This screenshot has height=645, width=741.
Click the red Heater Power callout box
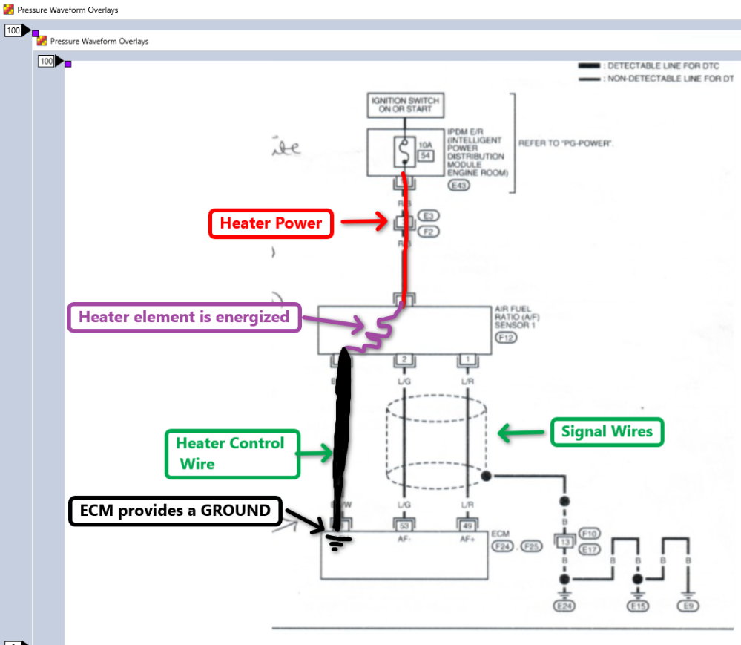point(271,223)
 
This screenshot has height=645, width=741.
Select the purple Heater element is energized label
point(184,318)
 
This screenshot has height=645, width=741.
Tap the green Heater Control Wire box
point(231,454)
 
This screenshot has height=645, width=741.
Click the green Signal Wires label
point(607,431)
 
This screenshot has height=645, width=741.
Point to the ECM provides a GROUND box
point(175,511)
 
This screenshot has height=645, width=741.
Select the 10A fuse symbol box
point(406,151)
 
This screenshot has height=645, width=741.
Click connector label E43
point(458,186)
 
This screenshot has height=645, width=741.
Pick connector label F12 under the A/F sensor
point(506,338)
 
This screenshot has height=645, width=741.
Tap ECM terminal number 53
point(405,526)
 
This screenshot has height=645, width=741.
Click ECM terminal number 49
point(467,526)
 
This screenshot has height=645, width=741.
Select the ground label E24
point(564,606)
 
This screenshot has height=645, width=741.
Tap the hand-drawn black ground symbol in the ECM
point(337,542)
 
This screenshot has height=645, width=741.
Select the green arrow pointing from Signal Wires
point(522,432)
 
